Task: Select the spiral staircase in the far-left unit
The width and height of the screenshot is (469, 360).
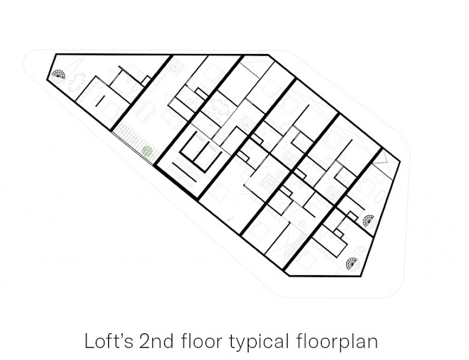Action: point(58,74)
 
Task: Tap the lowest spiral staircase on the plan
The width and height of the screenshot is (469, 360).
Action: point(352,263)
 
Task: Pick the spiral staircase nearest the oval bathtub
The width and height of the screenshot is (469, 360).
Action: point(368,221)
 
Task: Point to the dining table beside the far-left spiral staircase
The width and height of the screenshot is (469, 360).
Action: point(75,82)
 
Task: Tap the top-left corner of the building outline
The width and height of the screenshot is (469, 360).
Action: point(56,54)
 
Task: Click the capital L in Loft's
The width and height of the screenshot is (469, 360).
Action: point(90,341)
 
